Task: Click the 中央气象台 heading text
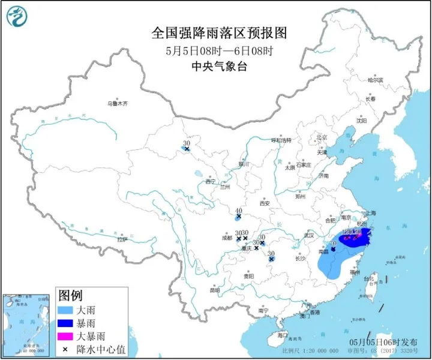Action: pos(216,66)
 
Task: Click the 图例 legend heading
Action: pos(70,296)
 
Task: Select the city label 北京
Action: pos(323,137)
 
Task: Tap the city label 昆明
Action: pos(214,290)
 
